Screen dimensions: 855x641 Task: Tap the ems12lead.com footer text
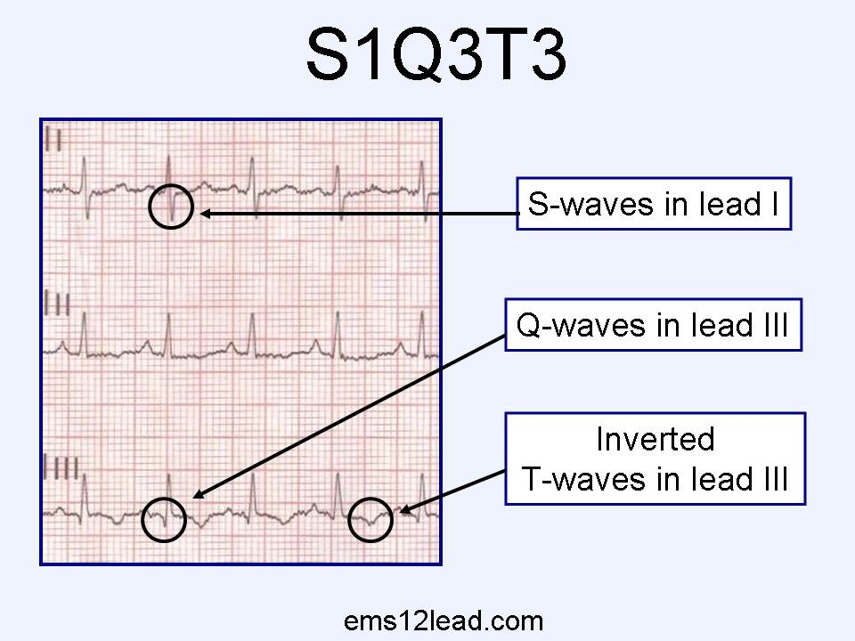tap(443, 621)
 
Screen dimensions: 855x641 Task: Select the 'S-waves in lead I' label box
tap(654, 204)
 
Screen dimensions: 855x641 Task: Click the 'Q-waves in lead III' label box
tap(653, 325)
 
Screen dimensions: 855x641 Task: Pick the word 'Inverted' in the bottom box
tap(655, 439)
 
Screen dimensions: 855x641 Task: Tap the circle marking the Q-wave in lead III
tap(164, 518)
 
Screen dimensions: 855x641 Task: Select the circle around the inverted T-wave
tap(370, 519)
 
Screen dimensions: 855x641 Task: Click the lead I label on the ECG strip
tap(53, 141)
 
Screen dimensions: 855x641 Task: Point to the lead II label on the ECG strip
tap(57, 304)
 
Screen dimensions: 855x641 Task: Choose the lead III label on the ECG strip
tap(61, 467)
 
